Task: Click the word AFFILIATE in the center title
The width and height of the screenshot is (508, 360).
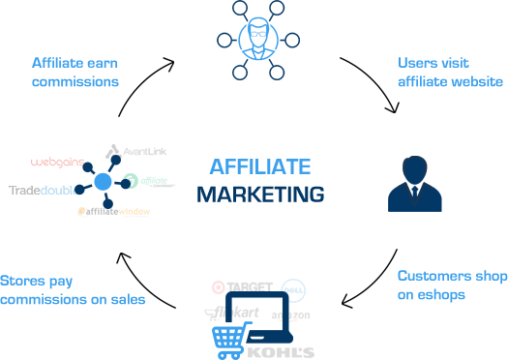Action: (260, 165)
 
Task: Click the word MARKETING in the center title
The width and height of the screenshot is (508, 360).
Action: (260, 193)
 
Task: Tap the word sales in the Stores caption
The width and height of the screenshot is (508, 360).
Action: (126, 299)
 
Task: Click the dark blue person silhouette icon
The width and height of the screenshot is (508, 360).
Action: (414, 182)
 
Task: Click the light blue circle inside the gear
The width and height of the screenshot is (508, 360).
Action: (103, 181)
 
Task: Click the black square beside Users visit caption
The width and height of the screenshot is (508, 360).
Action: (369, 85)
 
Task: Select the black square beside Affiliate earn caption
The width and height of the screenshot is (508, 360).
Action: (146, 85)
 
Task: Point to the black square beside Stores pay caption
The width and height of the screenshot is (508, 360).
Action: (146, 281)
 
